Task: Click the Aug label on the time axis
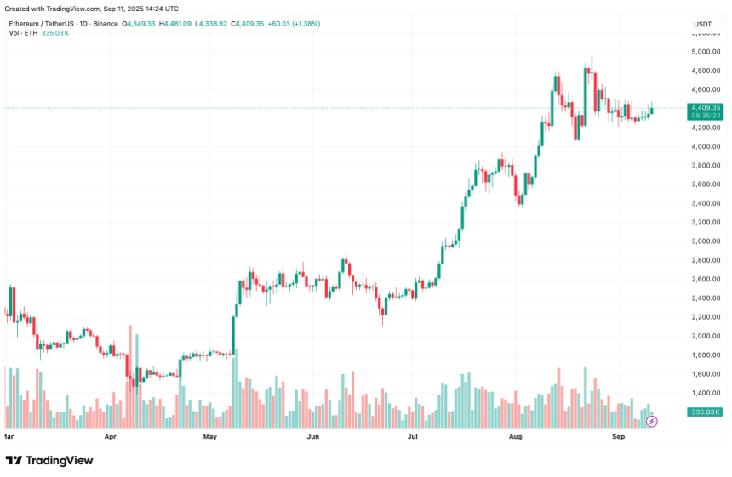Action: pyautogui.click(x=515, y=436)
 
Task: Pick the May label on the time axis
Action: pyautogui.click(x=211, y=436)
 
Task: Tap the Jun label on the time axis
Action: pyautogui.click(x=312, y=436)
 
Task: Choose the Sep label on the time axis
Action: pyautogui.click(x=619, y=436)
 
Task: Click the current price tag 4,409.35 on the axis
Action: pyautogui.click(x=706, y=108)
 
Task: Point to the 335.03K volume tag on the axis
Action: pyautogui.click(x=706, y=412)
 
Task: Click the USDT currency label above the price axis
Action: pyautogui.click(x=702, y=25)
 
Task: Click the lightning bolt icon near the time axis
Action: pyautogui.click(x=653, y=421)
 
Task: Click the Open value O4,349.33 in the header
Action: pyautogui.click(x=138, y=24)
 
